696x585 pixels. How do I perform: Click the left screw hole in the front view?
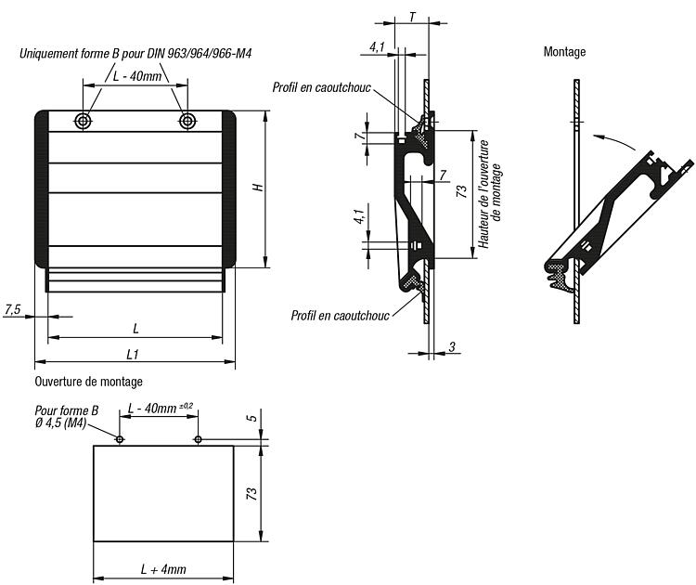point(83,121)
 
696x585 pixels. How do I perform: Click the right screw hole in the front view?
point(187,121)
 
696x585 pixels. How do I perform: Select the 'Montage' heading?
point(564,52)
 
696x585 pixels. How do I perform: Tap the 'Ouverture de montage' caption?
point(88,382)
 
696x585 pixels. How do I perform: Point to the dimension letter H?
point(258,188)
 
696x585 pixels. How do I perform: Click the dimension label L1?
point(133,354)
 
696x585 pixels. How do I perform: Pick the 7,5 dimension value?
point(12,308)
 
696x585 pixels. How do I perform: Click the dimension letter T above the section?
point(412,18)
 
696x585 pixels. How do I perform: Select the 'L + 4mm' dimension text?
point(163,569)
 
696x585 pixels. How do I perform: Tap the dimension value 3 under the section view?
point(451,346)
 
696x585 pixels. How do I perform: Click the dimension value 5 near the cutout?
point(252,418)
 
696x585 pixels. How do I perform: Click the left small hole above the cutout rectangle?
point(120,439)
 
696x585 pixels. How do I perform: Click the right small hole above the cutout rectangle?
point(198,439)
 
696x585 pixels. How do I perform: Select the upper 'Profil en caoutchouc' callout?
point(321,87)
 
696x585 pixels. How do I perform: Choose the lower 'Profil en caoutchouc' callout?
point(340,316)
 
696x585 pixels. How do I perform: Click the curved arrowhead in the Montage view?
point(599,136)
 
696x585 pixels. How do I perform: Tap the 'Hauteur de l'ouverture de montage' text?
point(490,194)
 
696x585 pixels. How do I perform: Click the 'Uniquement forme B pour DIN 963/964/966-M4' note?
point(135,54)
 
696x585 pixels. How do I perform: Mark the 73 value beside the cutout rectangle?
point(251,493)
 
